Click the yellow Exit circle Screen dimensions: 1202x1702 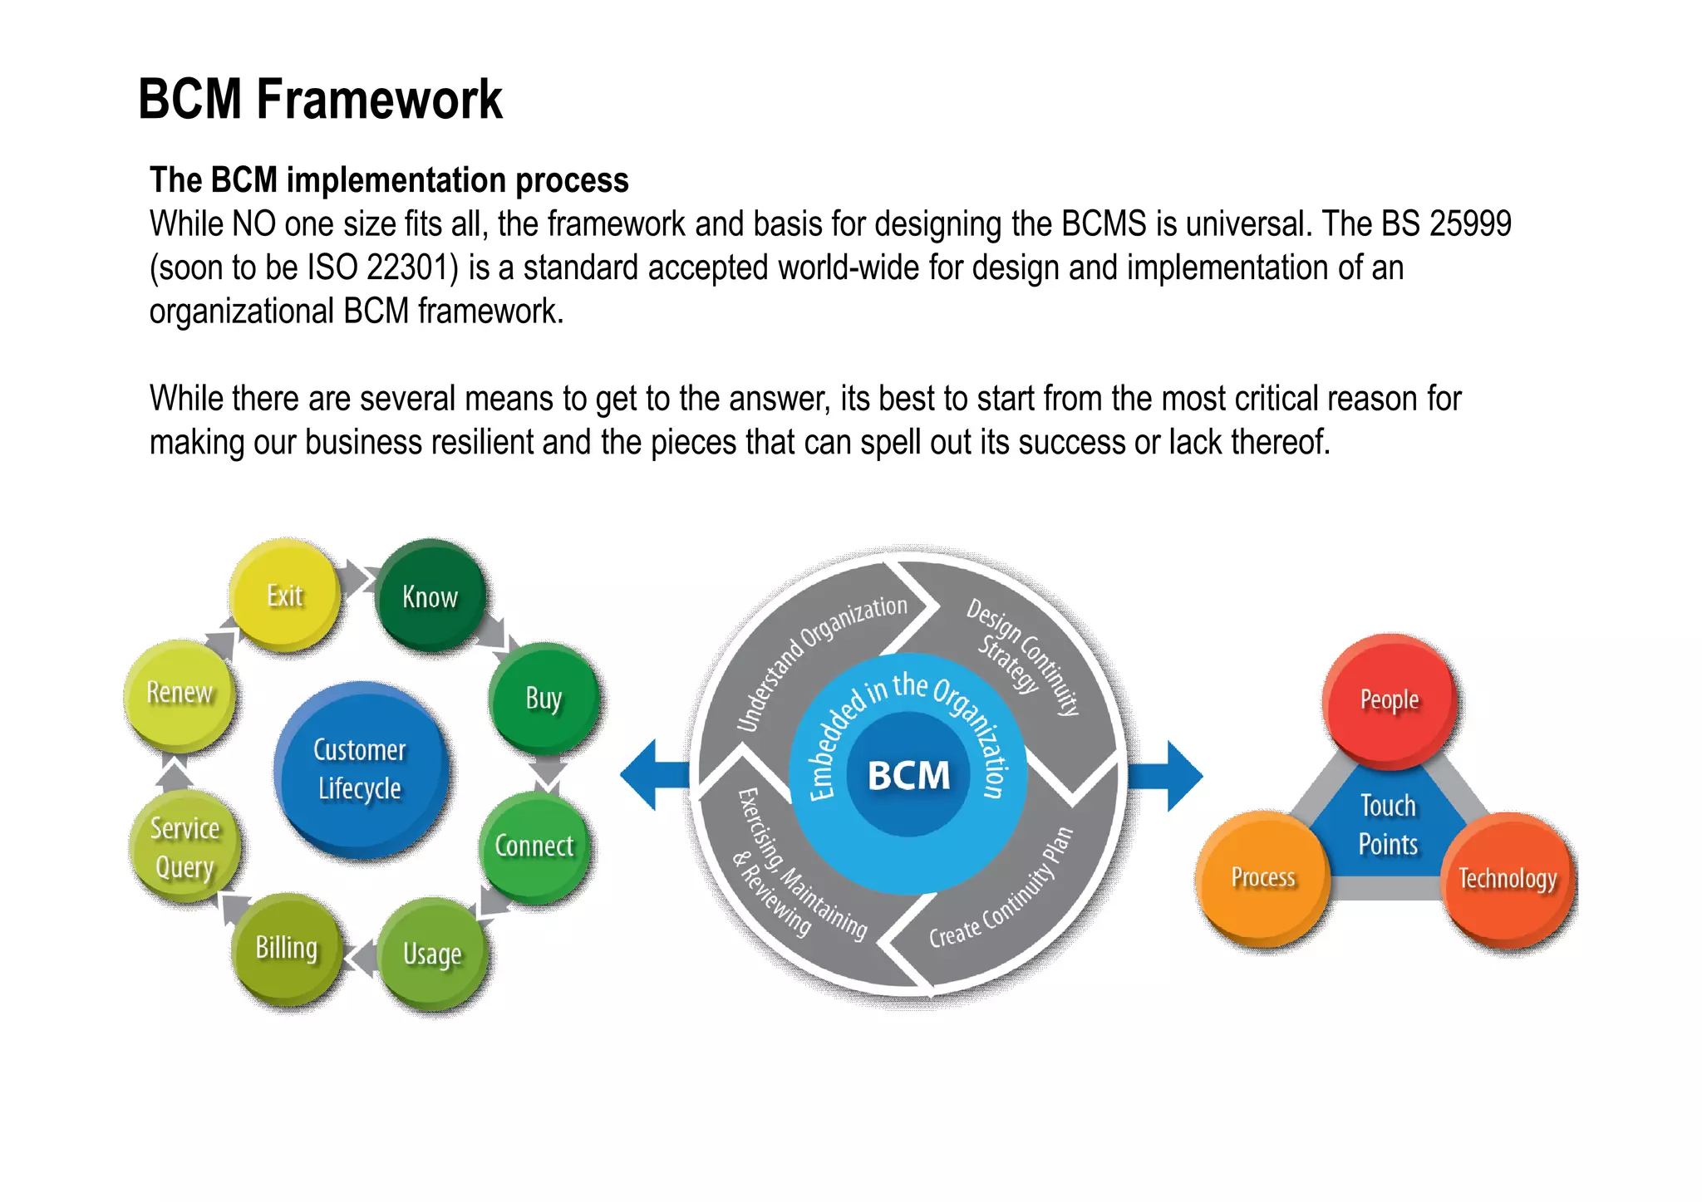(x=284, y=595)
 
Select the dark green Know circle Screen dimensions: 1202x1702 (x=430, y=596)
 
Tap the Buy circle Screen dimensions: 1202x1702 (x=544, y=698)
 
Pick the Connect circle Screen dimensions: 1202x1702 (x=534, y=846)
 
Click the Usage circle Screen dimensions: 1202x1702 (x=432, y=954)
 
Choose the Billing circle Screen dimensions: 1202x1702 (x=287, y=948)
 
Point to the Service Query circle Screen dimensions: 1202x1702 (x=184, y=847)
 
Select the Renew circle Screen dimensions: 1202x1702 (x=180, y=693)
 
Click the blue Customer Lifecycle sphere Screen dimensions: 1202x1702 (x=360, y=769)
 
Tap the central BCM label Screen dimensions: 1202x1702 (x=908, y=775)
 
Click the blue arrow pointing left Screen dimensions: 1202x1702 (x=653, y=775)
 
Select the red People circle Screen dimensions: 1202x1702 (x=1390, y=699)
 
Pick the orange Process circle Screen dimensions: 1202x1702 (x=1263, y=877)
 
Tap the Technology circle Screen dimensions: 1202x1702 (x=1508, y=879)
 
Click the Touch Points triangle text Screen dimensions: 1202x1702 (x=1388, y=825)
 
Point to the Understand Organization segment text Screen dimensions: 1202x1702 (x=819, y=660)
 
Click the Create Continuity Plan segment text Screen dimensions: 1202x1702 (x=1001, y=893)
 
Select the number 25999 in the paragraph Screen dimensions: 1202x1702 (x=1469, y=224)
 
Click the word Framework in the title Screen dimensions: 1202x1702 (x=379, y=100)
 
